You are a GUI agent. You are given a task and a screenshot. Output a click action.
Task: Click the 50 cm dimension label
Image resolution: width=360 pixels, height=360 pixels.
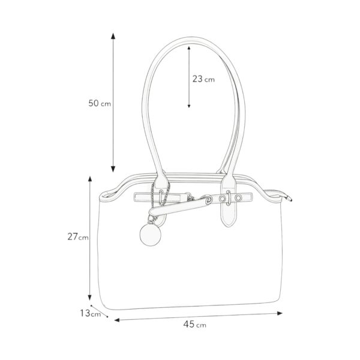(x=100, y=103)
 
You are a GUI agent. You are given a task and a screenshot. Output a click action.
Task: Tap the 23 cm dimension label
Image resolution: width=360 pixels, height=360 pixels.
(x=203, y=79)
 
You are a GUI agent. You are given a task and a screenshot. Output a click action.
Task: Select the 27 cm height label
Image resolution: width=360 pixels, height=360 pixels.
(x=78, y=237)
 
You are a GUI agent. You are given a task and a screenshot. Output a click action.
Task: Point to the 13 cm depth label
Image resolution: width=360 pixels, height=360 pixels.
(x=90, y=313)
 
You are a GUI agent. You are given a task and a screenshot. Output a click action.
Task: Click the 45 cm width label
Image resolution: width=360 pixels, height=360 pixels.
(x=194, y=324)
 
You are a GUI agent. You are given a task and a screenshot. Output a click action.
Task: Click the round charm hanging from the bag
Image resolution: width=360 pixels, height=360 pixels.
(x=151, y=235)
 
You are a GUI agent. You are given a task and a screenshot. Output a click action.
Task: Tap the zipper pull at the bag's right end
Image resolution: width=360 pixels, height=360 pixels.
(x=287, y=198)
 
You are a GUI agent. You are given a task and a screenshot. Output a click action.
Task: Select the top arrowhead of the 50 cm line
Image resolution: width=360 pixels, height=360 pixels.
(x=113, y=36)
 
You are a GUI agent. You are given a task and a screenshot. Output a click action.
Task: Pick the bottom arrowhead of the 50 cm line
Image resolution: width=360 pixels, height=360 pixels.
(x=113, y=169)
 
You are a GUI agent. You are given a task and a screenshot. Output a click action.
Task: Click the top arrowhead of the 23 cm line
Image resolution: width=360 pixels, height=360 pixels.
(x=189, y=48)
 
